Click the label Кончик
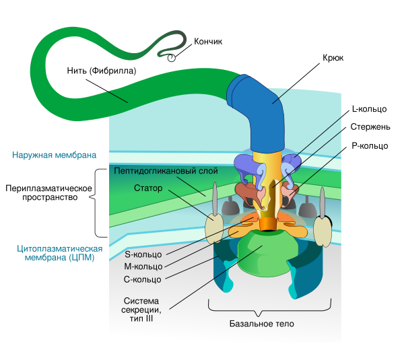pyautogui.click(x=208, y=42)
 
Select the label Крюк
pyautogui.click(x=333, y=59)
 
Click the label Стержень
pyautogui.click(x=369, y=127)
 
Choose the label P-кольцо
pyautogui.click(x=370, y=145)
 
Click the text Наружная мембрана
pyautogui.click(x=54, y=155)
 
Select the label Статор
pyautogui.click(x=148, y=188)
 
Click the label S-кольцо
pyautogui.click(x=143, y=254)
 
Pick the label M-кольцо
pyautogui.click(x=143, y=266)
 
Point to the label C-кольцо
pyautogui.click(x=143, y=279)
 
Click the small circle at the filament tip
pyautogui.click(x=172, y=58)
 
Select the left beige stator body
pyautogui.click(x=215, y=227)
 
